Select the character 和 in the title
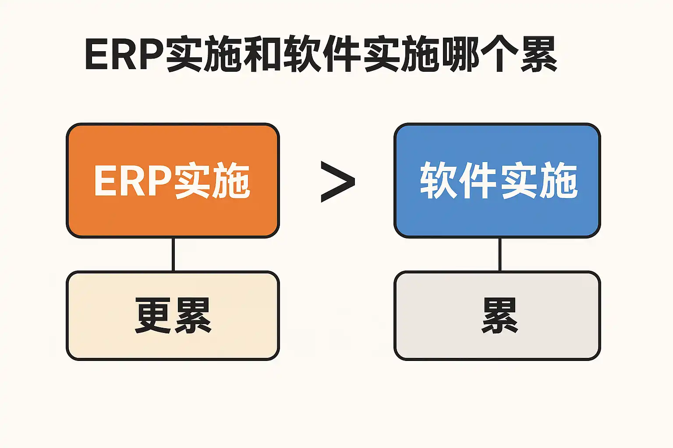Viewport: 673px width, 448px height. point(263,55)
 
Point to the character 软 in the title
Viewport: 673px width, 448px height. point(302,55)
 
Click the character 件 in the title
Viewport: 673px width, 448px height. point(342,55)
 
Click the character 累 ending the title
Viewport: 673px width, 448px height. point(538,55)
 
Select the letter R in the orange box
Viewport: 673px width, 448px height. point(130,181)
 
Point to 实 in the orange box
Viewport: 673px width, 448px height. point(192,181)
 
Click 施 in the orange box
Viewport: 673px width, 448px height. point(230,181)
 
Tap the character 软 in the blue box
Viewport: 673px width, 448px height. point(439,180)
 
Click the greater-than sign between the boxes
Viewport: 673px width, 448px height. point(337,182)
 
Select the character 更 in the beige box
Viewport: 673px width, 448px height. point(153,315)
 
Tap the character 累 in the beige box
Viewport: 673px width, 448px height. point(193,315)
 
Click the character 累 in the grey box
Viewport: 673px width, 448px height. point(499,315)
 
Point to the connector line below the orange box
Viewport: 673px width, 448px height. point(174,254)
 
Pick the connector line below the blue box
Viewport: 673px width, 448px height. point(500,254)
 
